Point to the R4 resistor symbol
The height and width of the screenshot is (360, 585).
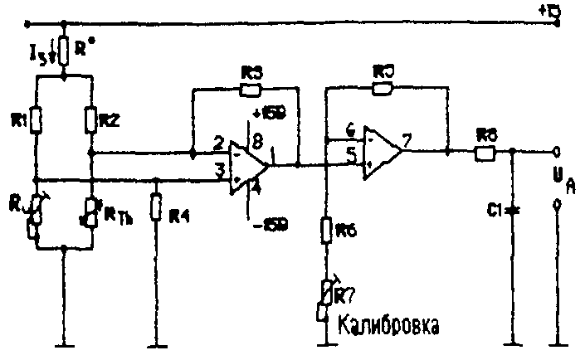click(x=156, y=208)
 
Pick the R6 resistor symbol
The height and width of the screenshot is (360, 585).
click(x=325, y=232)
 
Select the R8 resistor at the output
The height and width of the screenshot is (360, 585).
click(x=484, y=153)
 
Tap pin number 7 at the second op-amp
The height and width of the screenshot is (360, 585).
click(x=407, y=141)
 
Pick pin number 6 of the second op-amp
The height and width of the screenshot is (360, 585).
click(x=350, y=131)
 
